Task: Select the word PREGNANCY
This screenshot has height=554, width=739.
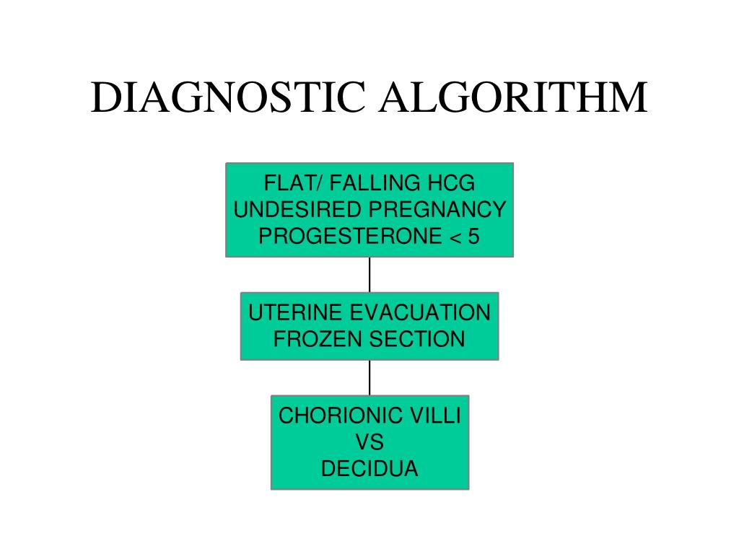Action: [437, 210]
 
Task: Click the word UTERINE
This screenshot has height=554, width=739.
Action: [294, 312]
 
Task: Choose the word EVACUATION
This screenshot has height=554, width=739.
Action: [420, 312]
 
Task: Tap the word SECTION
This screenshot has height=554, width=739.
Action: [420, 339]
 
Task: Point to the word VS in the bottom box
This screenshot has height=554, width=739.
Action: [369, 442]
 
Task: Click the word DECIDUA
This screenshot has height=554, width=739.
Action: [369, 469]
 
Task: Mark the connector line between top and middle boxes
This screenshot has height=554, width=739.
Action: [369, 274]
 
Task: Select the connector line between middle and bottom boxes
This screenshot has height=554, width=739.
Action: [369, 377]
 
